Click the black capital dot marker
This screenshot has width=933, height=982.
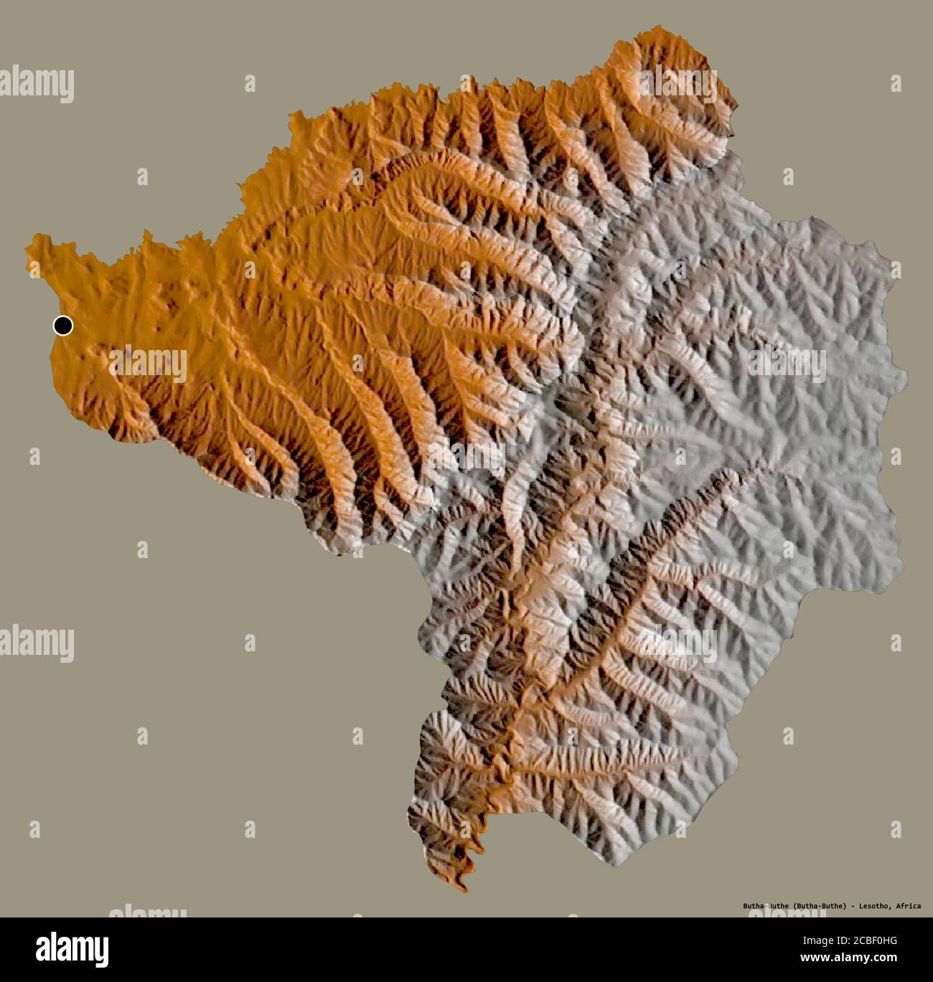click(63, 326)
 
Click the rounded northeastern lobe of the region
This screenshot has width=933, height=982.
click(675, 86)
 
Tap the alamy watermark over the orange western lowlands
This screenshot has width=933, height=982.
click(148, 363)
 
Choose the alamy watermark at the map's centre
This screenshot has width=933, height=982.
click(467, 457)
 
